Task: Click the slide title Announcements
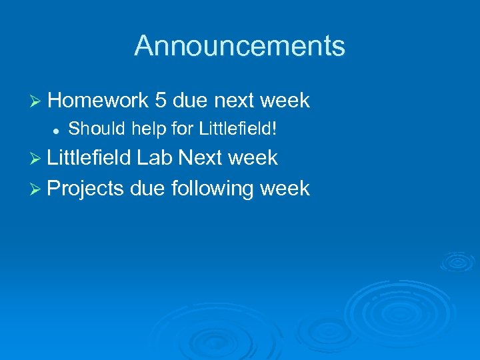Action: (239, 46)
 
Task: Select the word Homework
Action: (98, 101)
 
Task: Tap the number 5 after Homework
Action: (160, 101)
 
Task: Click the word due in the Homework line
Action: (189, 101)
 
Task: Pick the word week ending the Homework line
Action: (285, 101)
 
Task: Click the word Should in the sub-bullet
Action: (92, 129)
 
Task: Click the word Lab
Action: (155, 158)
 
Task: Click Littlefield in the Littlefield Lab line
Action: (90, 158)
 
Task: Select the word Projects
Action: (86, 189)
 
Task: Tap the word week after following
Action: (285, 189)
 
